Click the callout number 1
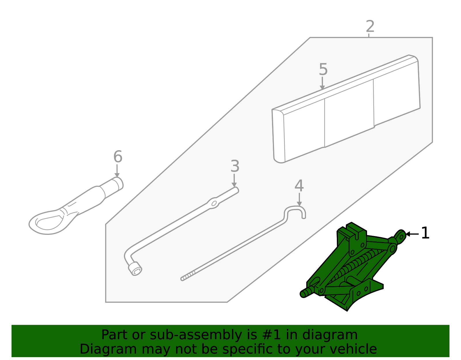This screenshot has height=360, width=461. tap(425, 233)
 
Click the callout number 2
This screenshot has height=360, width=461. tap(370, 27)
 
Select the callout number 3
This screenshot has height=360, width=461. tap(235, 166)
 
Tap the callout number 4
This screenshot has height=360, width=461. tap(299, 186)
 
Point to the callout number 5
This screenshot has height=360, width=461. tap(323, 70)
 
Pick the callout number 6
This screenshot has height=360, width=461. tap(118, 157)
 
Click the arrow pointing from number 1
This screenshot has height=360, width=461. tap(412, 234)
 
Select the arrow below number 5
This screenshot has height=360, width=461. tap(322, 84)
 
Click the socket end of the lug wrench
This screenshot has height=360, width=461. tap(135, 269)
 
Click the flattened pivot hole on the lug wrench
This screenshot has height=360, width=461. tap(214, 203)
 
